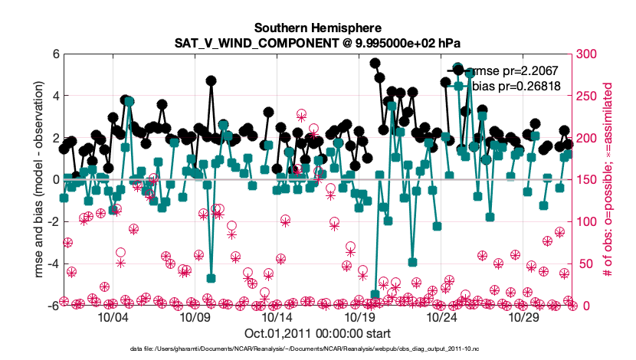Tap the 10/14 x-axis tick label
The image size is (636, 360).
click(277, 316)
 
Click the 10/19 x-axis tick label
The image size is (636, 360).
click(360, 316)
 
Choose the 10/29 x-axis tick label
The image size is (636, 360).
click(525, 316)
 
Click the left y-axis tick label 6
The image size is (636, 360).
click(54, 54)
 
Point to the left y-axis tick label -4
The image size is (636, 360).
click(52, 263)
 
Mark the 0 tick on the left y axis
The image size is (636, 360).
click(54, 180)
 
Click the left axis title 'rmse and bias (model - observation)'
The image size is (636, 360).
click(35, 180)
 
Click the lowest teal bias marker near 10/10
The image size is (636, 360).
click(211, 278)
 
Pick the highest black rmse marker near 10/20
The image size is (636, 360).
click(375, 64)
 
